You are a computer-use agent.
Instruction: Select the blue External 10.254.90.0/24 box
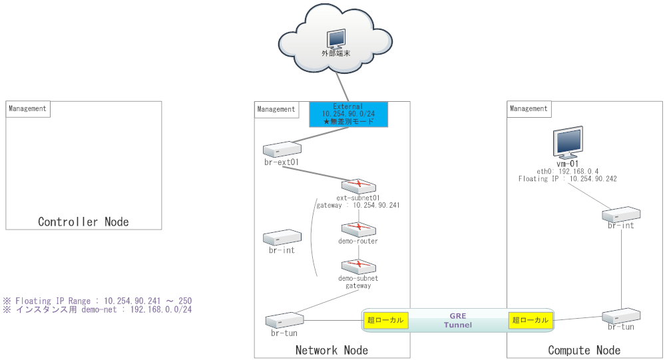pos(348,114)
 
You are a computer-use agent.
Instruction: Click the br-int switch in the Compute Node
pos(621,214)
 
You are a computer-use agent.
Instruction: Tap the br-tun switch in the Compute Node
pos(621,315)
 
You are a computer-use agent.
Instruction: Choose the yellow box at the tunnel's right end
pos(531,320)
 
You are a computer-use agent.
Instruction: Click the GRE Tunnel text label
pos(458,320)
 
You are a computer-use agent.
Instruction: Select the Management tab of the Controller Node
pos(28,109)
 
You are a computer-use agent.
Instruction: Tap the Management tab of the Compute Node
pos(529,109)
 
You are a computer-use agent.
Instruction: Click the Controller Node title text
pos(83,222)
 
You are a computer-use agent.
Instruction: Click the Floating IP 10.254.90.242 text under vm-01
pos(567,179)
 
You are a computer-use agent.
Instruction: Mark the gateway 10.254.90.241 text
pos(357,206)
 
